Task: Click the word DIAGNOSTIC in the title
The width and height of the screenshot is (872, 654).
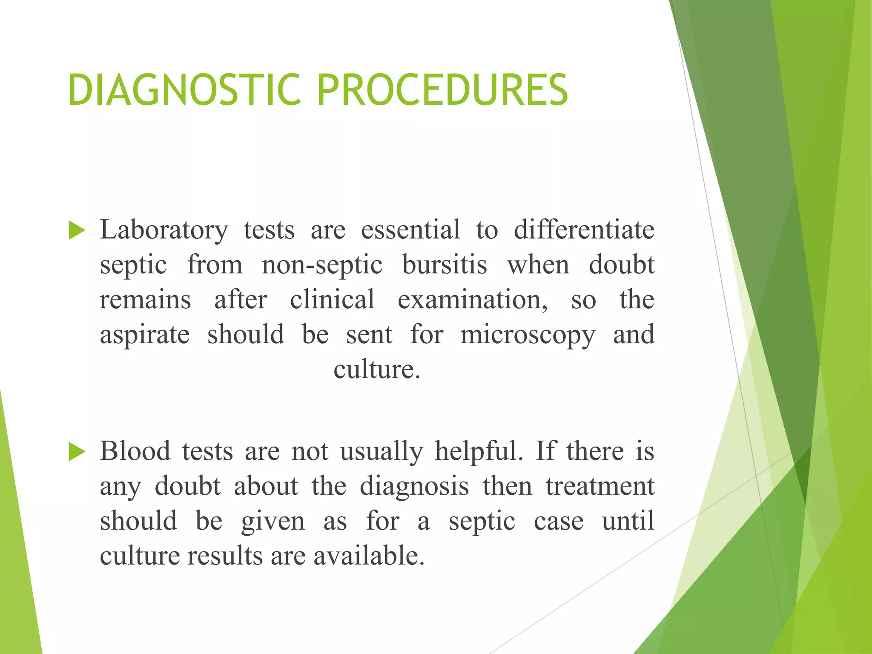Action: click(x=184, y=90)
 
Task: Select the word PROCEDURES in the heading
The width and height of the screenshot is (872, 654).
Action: click(x=442, y=90)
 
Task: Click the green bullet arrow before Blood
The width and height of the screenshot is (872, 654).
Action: click(x=77, y=452)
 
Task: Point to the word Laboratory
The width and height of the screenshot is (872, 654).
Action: click(x=164, y=230)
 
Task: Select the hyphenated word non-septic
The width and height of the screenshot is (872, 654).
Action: click(x=322, y=265)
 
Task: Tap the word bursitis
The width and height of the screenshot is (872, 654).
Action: click(x=445, y=265)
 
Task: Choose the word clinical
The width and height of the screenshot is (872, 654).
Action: click(x=332, y=299)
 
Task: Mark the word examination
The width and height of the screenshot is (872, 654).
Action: click(x=473, y=299)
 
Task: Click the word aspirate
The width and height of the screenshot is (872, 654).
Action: click(x=145, y=335)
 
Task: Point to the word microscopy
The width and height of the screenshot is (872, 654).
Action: click(x=528, y=335)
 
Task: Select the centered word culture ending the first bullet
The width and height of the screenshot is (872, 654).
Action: click(x=376, y=369)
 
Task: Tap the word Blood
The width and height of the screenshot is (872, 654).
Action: click(x=135, y=451)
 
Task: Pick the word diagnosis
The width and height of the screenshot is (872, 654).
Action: click(x=414, y=486)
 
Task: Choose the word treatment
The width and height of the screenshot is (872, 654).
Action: click(x=600, y=486)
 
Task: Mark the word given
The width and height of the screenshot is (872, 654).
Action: click(x=273, y=521)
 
